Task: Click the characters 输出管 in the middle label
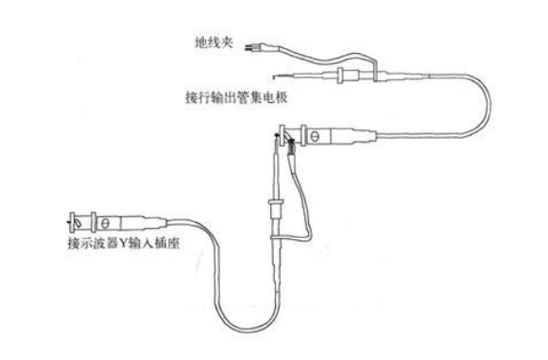231,96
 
